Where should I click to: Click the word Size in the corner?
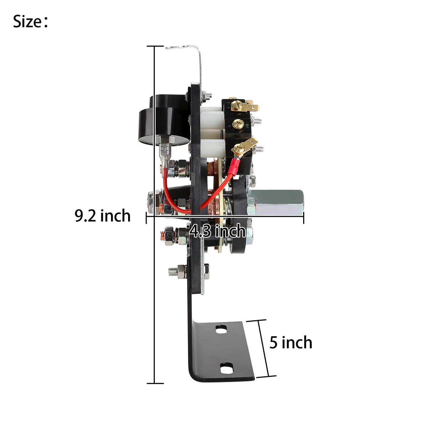(27, 22)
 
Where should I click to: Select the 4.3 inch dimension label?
(217, 231)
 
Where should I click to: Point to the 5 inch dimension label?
(291, 342)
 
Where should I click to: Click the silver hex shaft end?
(276, 202)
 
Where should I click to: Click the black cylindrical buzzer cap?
(164, 121)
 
